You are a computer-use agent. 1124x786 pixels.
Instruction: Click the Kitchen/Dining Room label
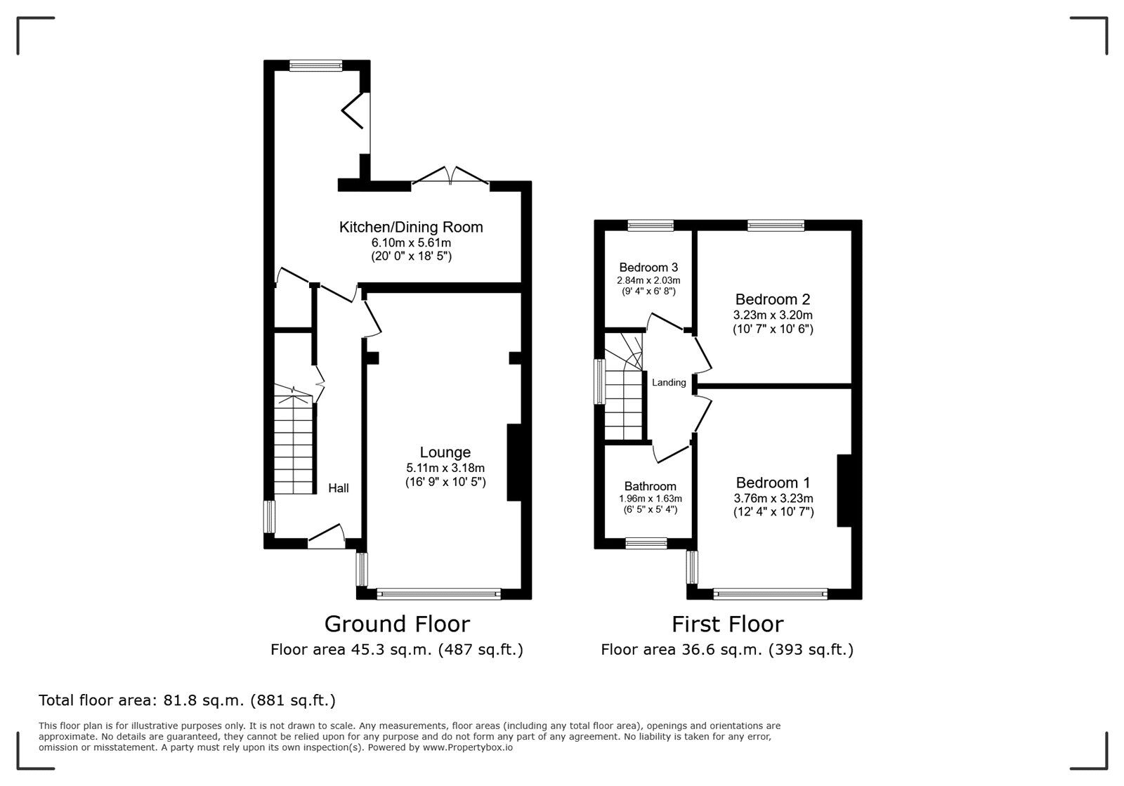click(x=411, y=227)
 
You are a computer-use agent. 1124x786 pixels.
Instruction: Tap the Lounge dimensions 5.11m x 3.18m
click(x=445, y=468)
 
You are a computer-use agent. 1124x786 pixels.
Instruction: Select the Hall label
click(x=339, y=488)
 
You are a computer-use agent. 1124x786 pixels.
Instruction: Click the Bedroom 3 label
click(x=648, y=268)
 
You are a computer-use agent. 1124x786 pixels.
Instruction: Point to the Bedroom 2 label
click(x=772, y=299)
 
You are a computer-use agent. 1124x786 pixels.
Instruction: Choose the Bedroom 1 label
click(x=773, y=483)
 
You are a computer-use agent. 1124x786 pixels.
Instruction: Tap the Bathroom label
click(x=650, y=486)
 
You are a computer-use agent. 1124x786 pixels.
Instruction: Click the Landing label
click(x=669, y=383)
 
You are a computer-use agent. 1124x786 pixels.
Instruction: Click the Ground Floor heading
click(x=397, y=624)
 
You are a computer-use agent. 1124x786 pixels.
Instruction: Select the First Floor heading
click(x=727, y=624)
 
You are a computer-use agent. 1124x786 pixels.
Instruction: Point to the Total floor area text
click(x=187, y=700)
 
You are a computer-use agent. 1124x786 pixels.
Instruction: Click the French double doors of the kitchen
click(x=450, y=177)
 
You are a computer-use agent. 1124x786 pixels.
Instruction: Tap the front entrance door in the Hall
click(x=326, y=537)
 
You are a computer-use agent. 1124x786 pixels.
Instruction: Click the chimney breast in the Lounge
click(x=514, y=462)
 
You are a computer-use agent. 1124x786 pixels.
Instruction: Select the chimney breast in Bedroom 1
click(x=844, y=490)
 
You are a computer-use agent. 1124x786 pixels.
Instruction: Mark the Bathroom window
click(x=646, y=542)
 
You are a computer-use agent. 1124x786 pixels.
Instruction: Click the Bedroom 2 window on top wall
click(x=776, y=225)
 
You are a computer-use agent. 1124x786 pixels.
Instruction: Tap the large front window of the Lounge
click(x=438, y=594)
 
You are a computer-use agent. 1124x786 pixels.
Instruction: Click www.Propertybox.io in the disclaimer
click(x=467, y=748)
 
